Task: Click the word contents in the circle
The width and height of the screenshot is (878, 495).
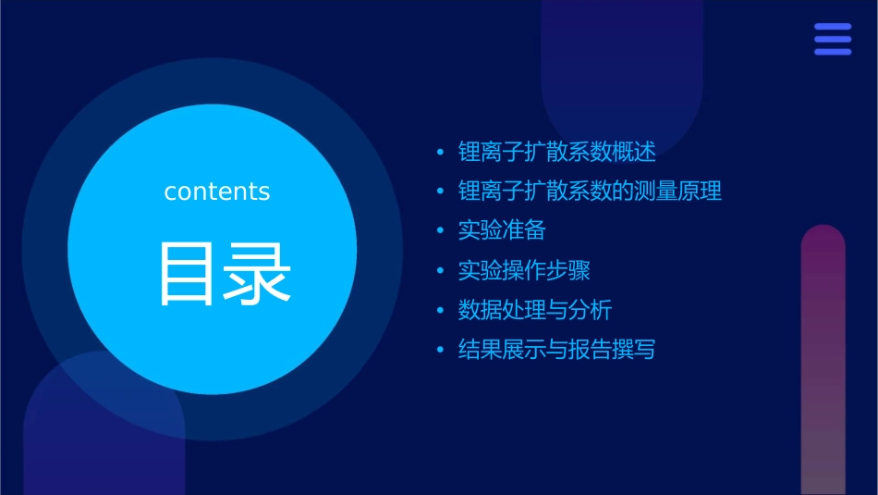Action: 217,192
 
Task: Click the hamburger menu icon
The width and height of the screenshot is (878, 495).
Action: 833,39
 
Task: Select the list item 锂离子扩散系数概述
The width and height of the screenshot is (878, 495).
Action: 557,152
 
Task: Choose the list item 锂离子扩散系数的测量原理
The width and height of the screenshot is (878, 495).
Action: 590,192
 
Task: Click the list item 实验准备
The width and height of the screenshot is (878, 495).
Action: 502,230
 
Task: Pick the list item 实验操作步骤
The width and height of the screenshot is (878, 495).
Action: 524,270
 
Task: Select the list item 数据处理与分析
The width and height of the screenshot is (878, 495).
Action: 535,310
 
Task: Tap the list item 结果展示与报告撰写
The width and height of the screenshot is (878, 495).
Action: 556,350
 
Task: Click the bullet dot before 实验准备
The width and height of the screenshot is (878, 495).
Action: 441,231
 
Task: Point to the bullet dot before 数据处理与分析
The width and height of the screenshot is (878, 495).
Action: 441,311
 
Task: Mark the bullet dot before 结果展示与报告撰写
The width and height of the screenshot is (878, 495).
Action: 441,351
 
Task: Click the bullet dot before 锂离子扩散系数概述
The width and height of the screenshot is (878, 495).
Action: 441,153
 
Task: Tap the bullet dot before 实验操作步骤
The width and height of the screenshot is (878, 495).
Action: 441,271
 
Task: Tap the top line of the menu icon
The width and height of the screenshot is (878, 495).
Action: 833,27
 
